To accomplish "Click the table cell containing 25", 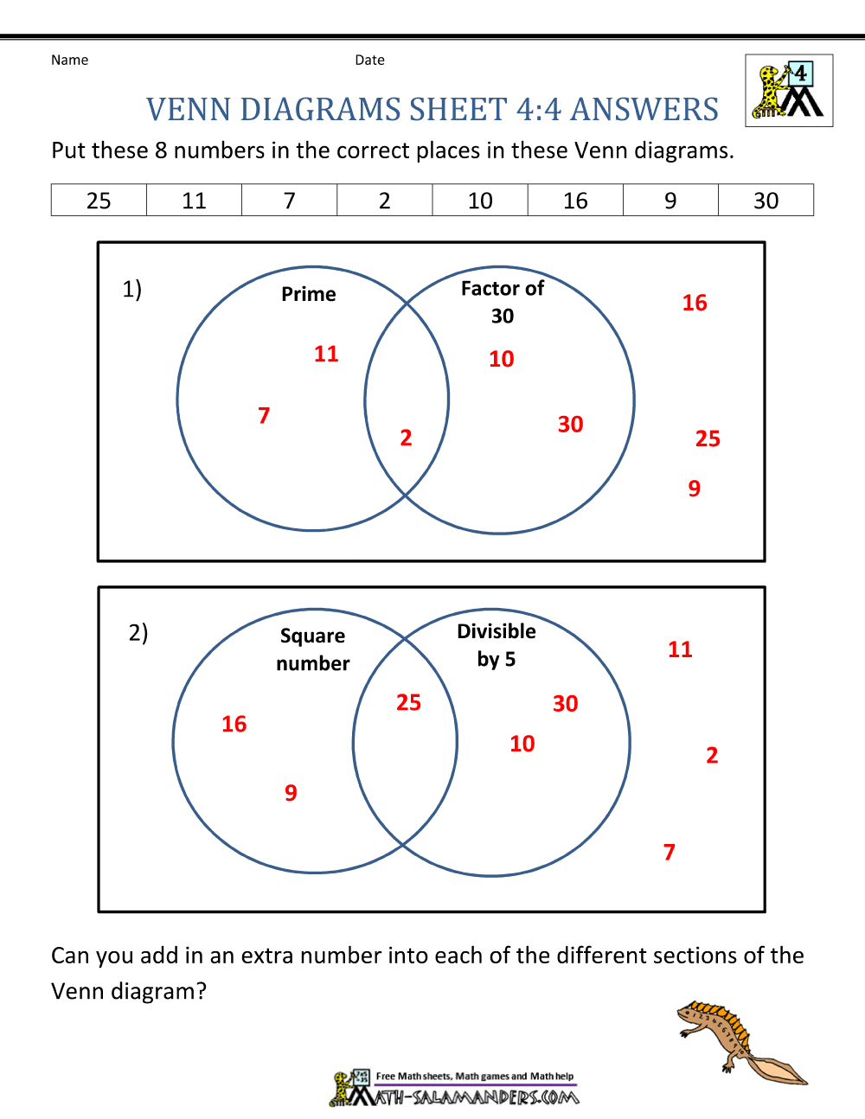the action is (99, 201).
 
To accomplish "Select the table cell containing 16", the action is (575, 201).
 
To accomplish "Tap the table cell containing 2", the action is (385, 201).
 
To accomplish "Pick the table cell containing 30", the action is (766, 201).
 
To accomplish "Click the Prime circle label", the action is (309, 294).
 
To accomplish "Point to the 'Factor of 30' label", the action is (503, 301).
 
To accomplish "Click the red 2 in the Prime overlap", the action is (406, 438).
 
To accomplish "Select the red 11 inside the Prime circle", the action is (326, 354).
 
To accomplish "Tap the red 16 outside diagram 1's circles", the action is (695, 303).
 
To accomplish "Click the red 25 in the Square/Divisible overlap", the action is (408, 702).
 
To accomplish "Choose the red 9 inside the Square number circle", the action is (291, 793).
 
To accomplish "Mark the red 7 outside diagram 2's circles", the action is (670, 853).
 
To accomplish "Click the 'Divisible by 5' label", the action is (497, 645).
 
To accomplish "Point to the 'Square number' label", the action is (313, 649).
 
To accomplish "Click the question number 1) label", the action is (131, 289).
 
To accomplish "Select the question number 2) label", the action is (138, 633).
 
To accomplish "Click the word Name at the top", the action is (69, 60).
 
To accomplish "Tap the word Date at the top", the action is (369, 60).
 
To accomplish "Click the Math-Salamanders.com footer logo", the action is (455, 1089).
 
